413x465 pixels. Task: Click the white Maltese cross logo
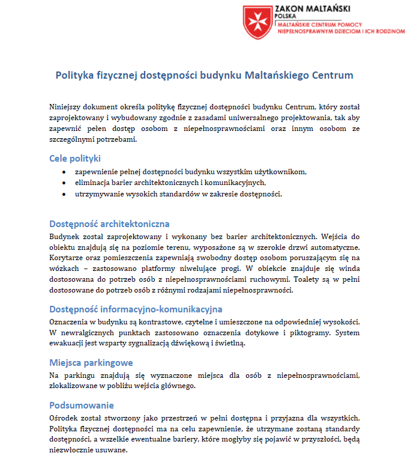point(258,21)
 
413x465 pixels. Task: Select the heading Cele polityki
point(75,159)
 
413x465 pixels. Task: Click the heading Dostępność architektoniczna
point(109,223)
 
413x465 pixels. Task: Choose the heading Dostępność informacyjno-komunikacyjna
point(136,309)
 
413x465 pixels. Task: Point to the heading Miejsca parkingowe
point(91,363)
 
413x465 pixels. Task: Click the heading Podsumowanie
point(82,405)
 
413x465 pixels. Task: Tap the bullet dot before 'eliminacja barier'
point(64,183)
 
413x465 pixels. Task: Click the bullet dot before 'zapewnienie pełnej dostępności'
point(64,171)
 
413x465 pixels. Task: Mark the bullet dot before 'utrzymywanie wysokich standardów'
point(64,194)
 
